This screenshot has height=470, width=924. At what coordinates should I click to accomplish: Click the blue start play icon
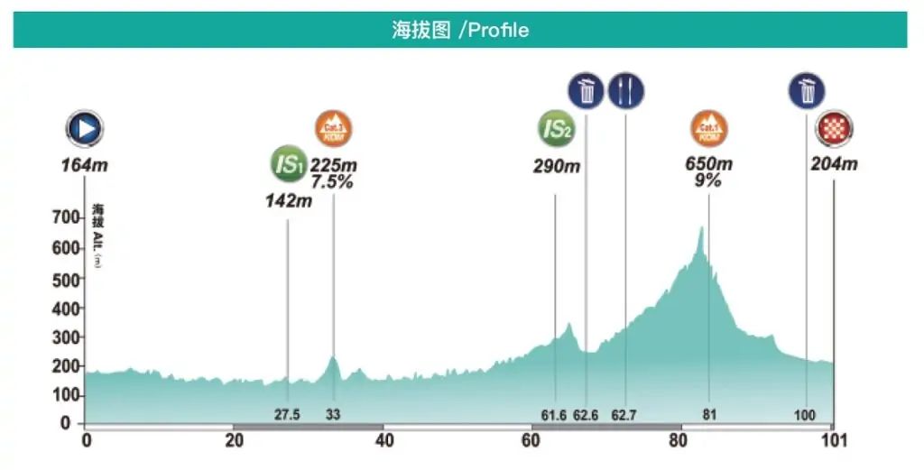click(x=84, y=129)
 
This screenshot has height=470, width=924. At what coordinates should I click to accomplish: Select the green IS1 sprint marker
click(x=288, y=165)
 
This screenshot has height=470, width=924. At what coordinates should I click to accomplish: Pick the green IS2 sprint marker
click(x=556, y=130)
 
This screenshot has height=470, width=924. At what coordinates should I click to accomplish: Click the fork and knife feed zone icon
click(x=625, y=90)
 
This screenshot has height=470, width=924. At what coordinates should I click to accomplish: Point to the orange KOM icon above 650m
click(x=709, y=130)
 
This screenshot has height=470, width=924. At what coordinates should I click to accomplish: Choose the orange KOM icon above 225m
click(x=333, y=130)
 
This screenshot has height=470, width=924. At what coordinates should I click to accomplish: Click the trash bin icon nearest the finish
click(x=807, y=90)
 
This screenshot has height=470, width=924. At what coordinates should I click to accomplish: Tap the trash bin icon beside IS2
click(x=586, y=90)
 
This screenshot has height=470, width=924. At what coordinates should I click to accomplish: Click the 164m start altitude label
click(x=84, y=165)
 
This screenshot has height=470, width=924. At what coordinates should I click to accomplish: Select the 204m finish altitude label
click(x=834, y=164)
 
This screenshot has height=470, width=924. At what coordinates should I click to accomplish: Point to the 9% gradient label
click(x=709, y=180)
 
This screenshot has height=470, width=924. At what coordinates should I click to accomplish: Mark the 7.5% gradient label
click(x=333, y=181)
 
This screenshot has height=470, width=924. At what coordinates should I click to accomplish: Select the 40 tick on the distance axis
click(x=383, y=441)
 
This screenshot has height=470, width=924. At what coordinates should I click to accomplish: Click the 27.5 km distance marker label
click(x=287, y=416)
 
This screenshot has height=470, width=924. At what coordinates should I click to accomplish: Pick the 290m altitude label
click(x=556, y=166)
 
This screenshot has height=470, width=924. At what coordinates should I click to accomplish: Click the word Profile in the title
click(x=498, y=30)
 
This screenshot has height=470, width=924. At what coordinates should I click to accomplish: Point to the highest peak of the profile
click(x=701, y=227)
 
